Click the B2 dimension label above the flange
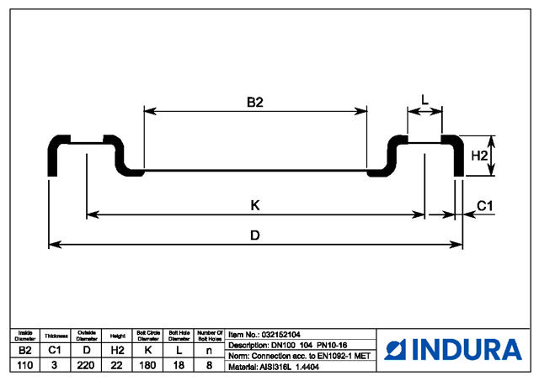[x=255, y=102]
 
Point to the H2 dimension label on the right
[x=480, y=156]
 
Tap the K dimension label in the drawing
[x=254, y=204]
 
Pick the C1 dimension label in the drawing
[x=486, y=205]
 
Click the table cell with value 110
[x=25, y=365]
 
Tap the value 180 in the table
[x=148, y=365]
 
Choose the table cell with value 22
[x=118, y=365]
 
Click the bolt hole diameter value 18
[x=179, y=365]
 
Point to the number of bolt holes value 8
[x=209, y=365]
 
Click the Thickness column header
[x=56, y=336]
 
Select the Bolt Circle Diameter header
[x=148, y=336]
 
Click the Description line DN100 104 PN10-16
[x=287, y=346]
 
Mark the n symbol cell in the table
[x=209, y=349]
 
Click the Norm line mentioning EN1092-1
[x=299, y=357]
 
